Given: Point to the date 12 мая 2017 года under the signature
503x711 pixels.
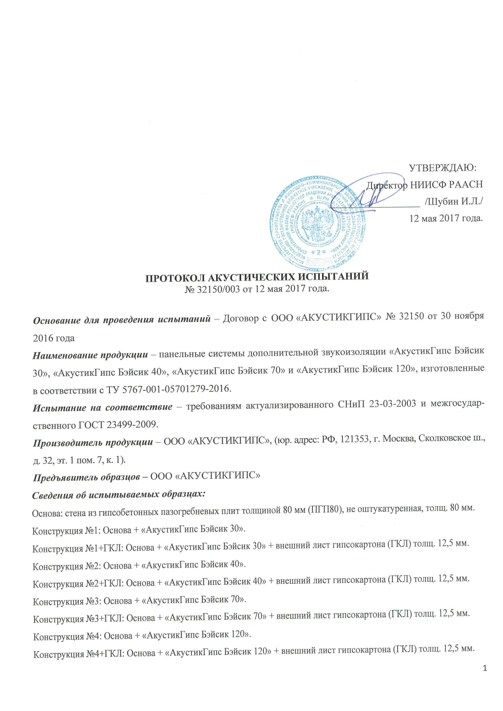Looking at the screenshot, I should [x=446, y=218].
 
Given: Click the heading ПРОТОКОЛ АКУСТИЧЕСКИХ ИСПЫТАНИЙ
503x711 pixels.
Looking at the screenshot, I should [x=257, y=277].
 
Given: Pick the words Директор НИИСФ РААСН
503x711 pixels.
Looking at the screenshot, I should [x=424, y=185].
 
